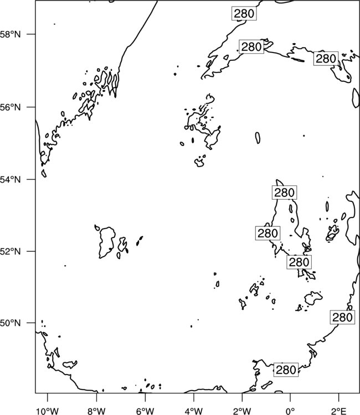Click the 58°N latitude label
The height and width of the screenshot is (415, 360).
(x=10, y=34)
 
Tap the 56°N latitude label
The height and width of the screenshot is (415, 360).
(x=10, y=107)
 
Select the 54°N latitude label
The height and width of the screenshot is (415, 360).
(x=10, y=180)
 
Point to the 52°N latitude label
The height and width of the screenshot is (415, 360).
(x=10, y=251)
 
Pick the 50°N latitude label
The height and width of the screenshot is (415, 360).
(x=10, y=323)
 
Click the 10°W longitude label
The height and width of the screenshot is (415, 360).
(x=48, y=411)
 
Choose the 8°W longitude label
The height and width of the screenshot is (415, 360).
(x=96, y=411)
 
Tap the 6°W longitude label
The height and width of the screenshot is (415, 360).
(x=145, y=411)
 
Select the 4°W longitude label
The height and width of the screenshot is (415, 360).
(x=194, y=411)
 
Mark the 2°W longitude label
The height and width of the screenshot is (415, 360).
(x=242, y=411)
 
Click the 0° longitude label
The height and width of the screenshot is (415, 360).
(x=290, y=411)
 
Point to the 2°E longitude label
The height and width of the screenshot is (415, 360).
(x=339, y=411)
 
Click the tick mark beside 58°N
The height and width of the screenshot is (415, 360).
(x=31, y=34)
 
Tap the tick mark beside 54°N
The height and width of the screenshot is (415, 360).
(x=31, y=179)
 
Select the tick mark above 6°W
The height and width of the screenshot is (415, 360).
(x=145, y=397)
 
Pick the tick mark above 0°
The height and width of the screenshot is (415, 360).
(x=290, y=397)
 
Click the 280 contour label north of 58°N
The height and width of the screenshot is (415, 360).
(x=244, y=13)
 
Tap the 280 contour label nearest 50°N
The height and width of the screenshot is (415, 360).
(x=342, y=317)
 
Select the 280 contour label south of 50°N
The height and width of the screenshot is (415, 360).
(x=286, y=370)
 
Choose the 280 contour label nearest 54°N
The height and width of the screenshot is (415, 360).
(x=284, y=193)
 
